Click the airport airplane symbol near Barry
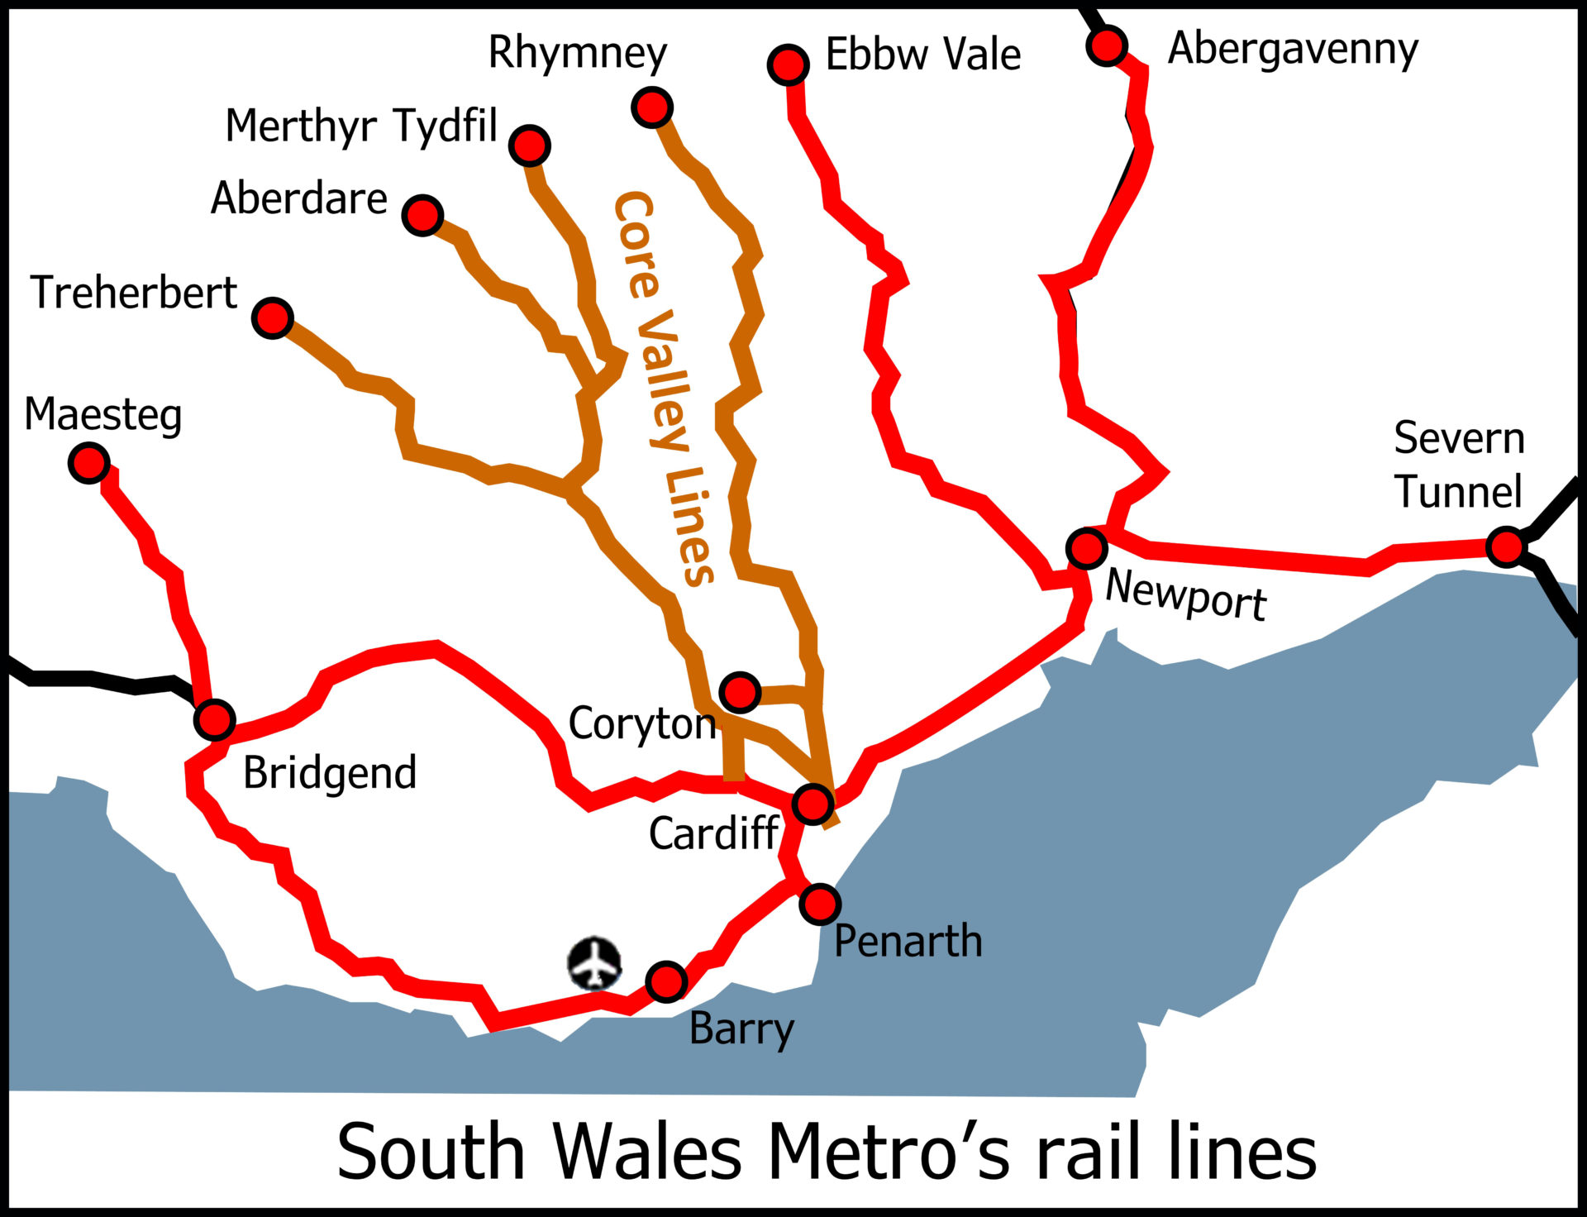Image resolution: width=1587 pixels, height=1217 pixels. coord(594,963)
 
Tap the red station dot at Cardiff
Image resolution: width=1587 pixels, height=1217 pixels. coord(813,803)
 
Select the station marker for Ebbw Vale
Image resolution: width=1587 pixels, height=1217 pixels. coord(788,64)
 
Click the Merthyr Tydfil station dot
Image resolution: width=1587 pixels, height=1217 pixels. coord(530,146)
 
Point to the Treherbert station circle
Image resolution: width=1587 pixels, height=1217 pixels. coord(273,317)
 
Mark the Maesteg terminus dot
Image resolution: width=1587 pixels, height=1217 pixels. coord(89,462)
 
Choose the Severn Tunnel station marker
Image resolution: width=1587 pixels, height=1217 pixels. coord(1506,546)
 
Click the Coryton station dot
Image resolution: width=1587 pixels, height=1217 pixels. coord(740,691)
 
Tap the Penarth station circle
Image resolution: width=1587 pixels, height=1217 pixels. coord(820,904)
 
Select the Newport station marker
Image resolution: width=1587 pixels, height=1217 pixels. coord(1086,547)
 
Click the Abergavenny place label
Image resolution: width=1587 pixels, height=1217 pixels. coord(1293,49)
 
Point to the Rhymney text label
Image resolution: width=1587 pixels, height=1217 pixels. coord(577,54)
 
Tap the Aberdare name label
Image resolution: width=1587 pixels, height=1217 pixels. coord(299,198)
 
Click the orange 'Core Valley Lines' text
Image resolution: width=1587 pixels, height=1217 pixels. coord(663,389)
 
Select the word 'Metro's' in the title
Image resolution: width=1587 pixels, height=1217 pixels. coord(889,1153)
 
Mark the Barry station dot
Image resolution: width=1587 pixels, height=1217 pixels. coord(666,981)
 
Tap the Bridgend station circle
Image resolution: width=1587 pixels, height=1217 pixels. coord(214,719)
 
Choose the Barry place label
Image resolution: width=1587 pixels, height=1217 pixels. coord(741,1030)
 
